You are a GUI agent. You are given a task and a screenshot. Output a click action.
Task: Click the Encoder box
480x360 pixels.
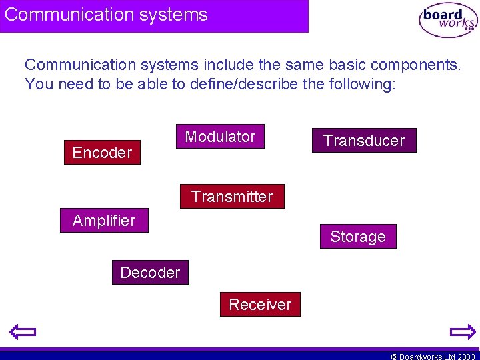(x=102, y=153)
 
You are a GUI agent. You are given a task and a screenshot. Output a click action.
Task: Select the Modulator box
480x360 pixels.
(x=220, y=137)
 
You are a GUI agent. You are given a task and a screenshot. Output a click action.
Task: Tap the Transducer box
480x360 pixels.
(x=364, y=141)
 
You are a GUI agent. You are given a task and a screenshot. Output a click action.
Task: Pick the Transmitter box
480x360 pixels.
(x=232, y=197)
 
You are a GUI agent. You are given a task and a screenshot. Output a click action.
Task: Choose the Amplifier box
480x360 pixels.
(x=104, y=221)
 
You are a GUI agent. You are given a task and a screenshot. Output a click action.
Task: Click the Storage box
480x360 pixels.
(x=358, y=237)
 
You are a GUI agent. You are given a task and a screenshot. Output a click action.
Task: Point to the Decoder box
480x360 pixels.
(x=150, y=273)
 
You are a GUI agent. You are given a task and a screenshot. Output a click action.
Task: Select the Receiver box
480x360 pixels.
(x=260, y=305)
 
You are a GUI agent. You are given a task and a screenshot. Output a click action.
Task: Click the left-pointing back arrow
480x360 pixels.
(x=22, y=331)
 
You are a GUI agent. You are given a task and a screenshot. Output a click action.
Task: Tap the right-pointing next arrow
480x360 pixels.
(x=462, y=331)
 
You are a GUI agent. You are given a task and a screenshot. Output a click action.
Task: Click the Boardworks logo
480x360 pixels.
(x=448, y=20)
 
